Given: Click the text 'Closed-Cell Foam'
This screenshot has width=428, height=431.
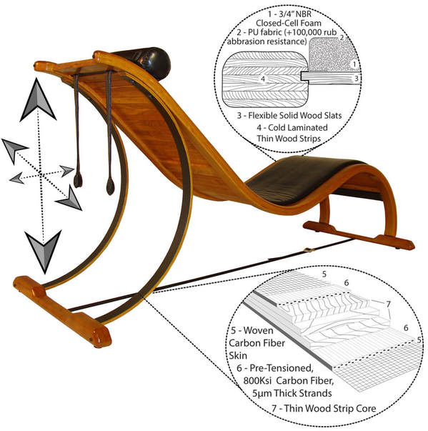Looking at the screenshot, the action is (x=289, y=24).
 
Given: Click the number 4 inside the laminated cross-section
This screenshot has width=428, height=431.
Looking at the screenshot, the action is (x=263, y=79).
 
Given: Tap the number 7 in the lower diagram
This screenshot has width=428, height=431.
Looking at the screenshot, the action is (x=388, y=304).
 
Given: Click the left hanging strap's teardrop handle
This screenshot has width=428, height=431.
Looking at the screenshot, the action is (x=78, y=180).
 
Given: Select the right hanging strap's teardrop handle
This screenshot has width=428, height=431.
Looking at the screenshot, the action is (x=111, y=186).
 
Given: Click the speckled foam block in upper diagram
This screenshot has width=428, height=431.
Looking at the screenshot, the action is (x=332, y=54).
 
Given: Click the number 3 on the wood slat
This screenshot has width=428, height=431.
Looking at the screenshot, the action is (x=357, y=79).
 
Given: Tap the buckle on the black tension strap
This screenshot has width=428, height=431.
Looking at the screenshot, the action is (x=308, y=250).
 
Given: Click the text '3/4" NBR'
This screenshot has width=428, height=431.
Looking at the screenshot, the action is (x=296, y=14).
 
